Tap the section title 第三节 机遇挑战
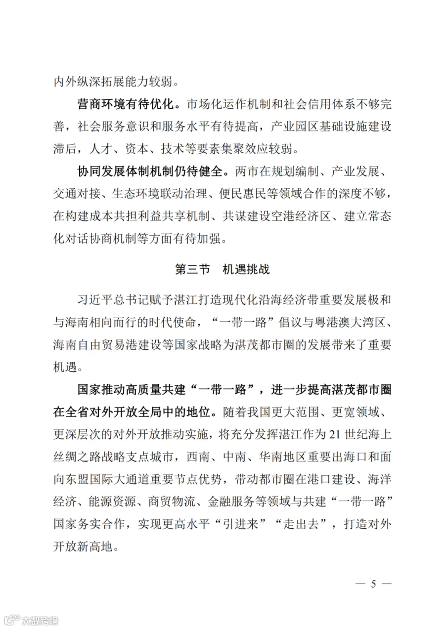pos(222,270)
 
